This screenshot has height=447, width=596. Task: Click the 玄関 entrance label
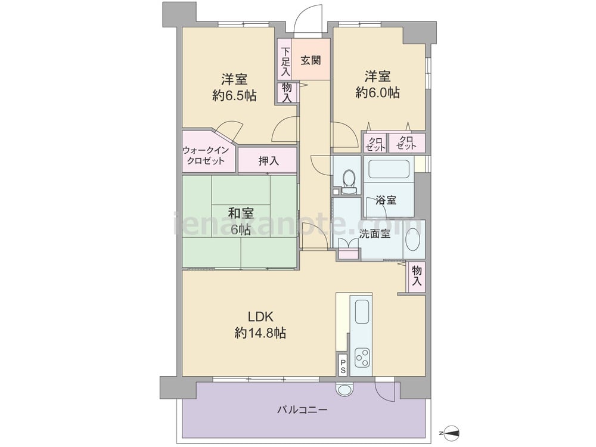(x=311, y=60)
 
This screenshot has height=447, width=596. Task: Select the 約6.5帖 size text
(x=234, y=95)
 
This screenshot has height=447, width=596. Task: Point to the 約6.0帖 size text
(x=377, y=92)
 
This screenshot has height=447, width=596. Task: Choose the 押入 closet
(x=268, y=160)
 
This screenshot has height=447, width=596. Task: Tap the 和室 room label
(x=241, y=213)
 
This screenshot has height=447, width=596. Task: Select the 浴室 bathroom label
(x=386, y=200)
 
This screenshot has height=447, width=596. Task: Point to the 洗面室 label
(x=375, y=234)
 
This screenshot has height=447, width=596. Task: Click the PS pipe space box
(x=343, y=365)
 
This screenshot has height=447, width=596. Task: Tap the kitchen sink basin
(x=362, y=311)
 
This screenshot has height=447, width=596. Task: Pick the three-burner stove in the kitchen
(x=362, y=357)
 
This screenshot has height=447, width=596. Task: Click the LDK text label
(x=261, y=316)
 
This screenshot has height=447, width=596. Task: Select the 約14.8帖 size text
(x=260, y=333)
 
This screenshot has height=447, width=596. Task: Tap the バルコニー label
(x=302, y=410)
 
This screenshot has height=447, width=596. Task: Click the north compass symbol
(x=451, y=433)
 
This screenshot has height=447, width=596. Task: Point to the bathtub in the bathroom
(x=389, y=169)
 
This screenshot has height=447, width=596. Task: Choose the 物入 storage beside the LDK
(x=416, y=277)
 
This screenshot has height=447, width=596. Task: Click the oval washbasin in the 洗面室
(x=413, y=240)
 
